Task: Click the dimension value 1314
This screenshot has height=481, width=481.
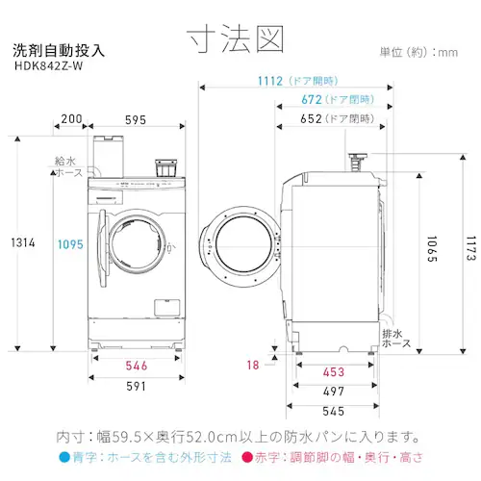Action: pyautogui.click(x=22, y=243)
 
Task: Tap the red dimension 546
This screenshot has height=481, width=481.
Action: pyautogui.click(x=135, y=366)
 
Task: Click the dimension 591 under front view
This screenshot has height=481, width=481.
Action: pyautogui.click(x=135, y=387)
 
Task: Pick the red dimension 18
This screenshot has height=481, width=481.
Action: pyautogui.click(x=252, y=365)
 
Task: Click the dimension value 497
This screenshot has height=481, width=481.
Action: pyautogui.click(x=334, y=392)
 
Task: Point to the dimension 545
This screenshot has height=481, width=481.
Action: pyautogui.click(x=334, y=412)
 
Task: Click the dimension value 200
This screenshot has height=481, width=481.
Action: pyautogui.click(x=69, y=119)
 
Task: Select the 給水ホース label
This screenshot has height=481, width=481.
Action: pyautogui.click(x=66, y=168)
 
